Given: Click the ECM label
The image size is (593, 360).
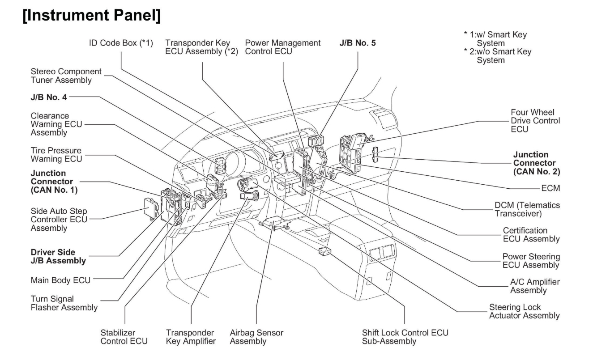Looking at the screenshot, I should [550, 188].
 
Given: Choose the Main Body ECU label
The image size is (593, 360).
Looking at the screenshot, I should [60, 280].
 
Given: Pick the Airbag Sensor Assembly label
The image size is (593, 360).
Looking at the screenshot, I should [256, 337].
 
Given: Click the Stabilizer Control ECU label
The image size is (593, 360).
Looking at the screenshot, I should [124, 337].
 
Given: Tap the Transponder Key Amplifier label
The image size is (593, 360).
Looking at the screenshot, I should [191, 337].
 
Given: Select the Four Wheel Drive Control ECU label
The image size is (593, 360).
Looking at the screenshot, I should [535, 120].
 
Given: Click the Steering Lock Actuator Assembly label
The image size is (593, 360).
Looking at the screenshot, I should [524, 311].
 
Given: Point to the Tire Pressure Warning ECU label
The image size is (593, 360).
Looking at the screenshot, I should [56, 155].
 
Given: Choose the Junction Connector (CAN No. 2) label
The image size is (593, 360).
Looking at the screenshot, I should [537, 163].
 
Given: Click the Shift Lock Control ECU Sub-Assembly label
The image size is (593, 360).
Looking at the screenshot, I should [405, 337].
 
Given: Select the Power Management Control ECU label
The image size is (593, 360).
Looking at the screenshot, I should [283, 47].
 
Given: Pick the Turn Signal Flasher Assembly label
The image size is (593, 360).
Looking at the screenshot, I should [64, 303].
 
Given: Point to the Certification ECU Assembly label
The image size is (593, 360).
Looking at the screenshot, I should [531, 234].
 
